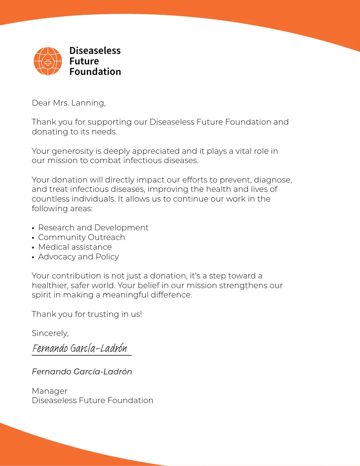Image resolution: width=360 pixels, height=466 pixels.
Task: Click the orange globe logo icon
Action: [48, 61]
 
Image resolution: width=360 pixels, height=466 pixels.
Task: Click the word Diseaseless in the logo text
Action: [95, 51]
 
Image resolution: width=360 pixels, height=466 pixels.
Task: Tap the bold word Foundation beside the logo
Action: [95, 72]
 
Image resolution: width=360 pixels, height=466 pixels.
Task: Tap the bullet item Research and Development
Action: [93, 228]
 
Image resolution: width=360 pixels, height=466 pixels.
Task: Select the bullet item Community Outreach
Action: [82, 237]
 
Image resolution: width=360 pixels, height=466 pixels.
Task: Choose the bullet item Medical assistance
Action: [75, 247]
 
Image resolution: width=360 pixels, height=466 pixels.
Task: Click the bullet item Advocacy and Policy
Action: [78, 257]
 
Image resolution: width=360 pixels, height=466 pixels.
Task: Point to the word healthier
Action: [50, 285]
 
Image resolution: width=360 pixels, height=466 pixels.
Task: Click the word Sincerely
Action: [50, 333]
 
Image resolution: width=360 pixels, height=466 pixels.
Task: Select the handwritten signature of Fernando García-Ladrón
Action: [80, 348]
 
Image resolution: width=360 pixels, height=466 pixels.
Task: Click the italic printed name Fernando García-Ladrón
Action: [82, 372]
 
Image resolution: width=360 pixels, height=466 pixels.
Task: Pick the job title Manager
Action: [49, 391]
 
